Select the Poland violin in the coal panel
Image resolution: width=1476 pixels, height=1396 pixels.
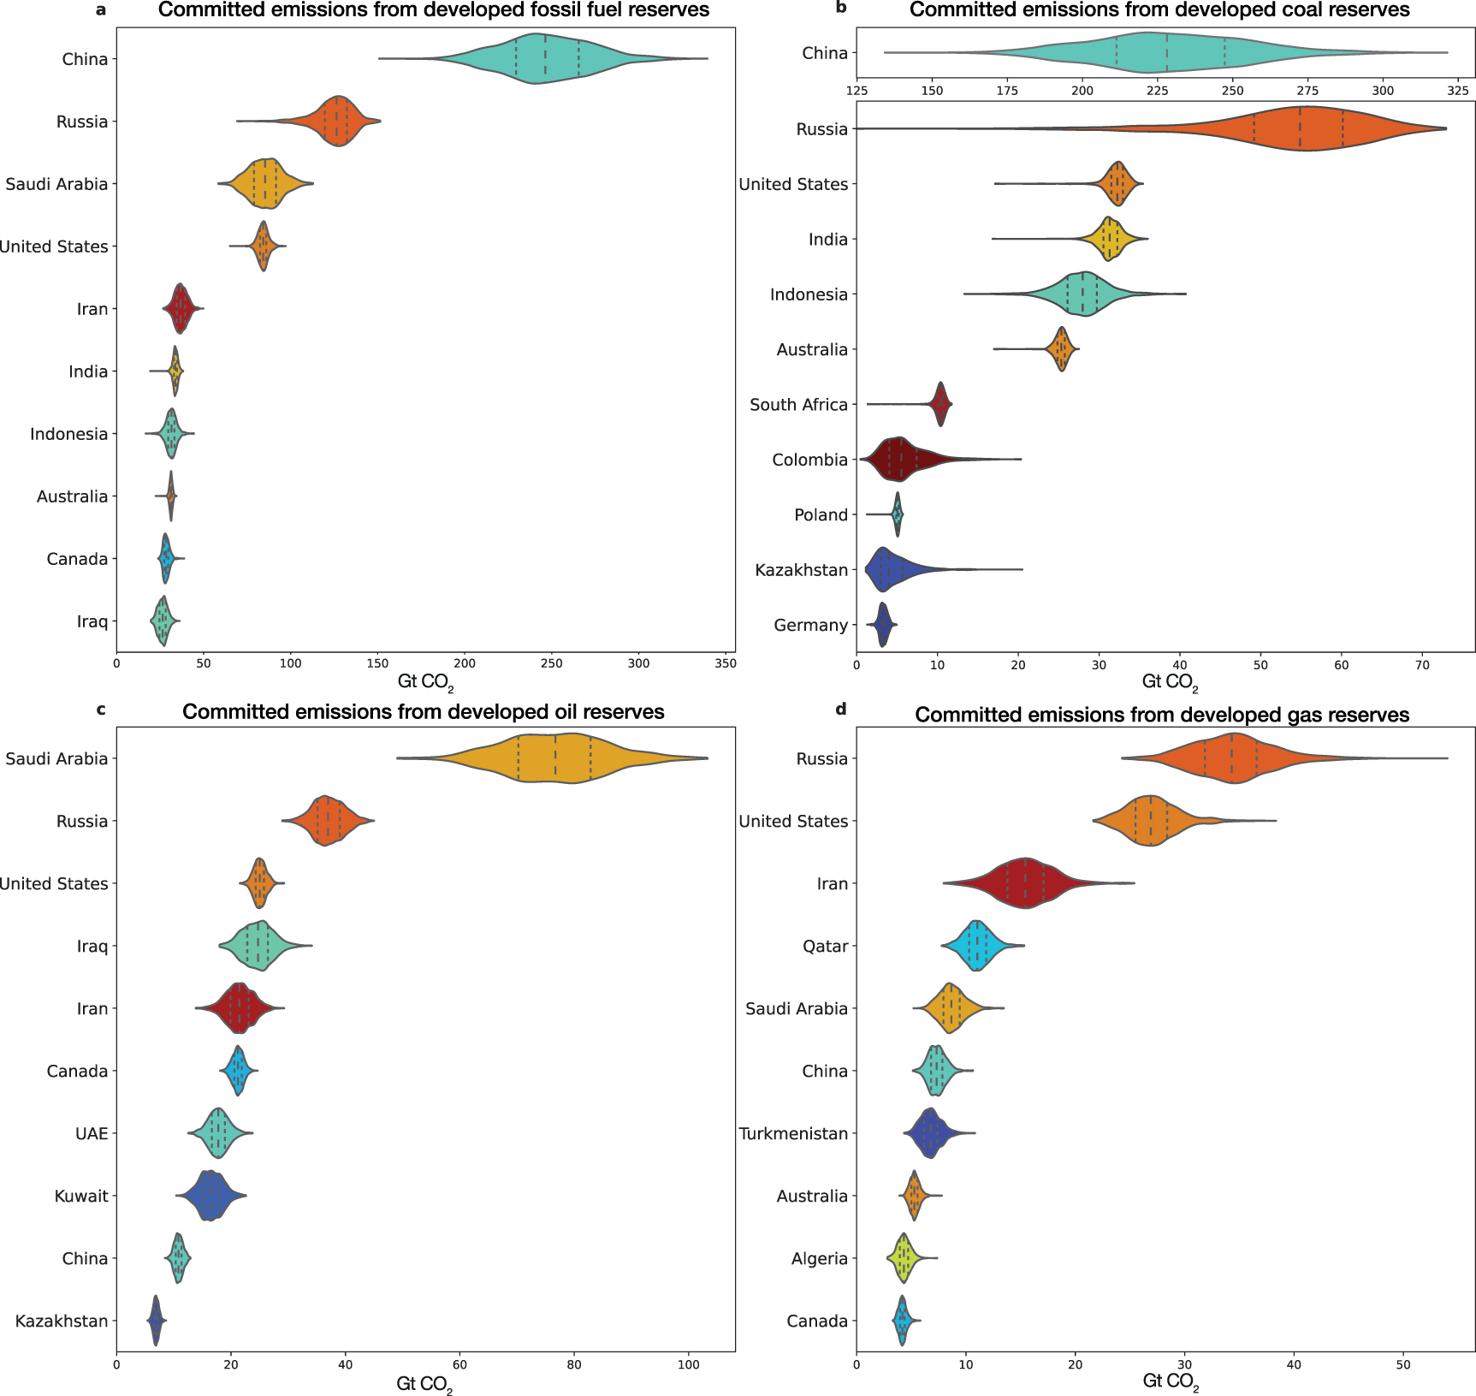897,514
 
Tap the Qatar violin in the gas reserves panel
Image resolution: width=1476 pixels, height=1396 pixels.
976,946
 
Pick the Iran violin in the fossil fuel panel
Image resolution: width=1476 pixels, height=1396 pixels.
180,309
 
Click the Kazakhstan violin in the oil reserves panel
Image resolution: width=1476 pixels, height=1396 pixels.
155,1321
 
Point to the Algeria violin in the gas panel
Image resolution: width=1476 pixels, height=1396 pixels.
904,1258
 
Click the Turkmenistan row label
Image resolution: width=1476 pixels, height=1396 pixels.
793,1133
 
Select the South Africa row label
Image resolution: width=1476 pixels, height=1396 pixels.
798,405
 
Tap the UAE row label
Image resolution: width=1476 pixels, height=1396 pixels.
92,1133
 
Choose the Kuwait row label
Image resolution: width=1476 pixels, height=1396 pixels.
81,1196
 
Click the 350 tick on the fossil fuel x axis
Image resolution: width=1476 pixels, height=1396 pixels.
726,663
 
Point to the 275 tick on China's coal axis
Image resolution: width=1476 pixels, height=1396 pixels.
1307,91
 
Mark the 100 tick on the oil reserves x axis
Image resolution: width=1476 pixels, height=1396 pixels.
688,1364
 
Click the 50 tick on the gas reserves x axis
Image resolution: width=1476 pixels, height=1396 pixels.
1403,1364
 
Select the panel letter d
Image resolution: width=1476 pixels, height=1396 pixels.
841,709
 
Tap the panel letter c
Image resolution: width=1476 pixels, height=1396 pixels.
101,709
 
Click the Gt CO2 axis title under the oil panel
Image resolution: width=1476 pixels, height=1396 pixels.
424,1384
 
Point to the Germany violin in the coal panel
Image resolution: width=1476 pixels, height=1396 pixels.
883,625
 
